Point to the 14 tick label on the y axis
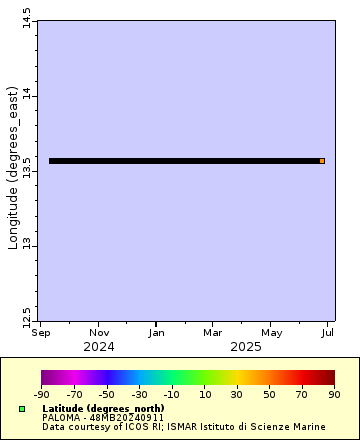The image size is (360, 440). [x=27, y=96]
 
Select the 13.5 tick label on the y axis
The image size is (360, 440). [x=27, y=171]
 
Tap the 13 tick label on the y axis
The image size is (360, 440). [x=27, y=245]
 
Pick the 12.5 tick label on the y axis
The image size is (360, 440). [x=27, y=318]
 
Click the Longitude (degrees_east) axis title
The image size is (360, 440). [x=13, y=169]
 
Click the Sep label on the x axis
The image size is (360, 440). [x=41, y=332]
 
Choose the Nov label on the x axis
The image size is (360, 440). [x=99, y=332]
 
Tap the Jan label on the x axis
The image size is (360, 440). [x=157, y=332]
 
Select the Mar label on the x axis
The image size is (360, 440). [x=213, y=332]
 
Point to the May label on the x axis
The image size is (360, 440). [x=271, y=332]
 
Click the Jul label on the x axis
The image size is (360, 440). [x=327, y=332]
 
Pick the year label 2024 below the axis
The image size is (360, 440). [x=99, y=346]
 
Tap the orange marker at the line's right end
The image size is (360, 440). [x=322, y=161]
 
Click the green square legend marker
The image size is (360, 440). [x=21, y=409]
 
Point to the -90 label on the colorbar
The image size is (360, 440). [x=42, y=395]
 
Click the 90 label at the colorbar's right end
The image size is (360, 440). [x=334, y=395]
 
